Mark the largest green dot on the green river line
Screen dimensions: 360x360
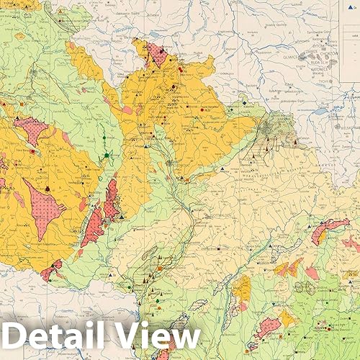pos(107,155)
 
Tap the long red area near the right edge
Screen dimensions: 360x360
pos(328,229)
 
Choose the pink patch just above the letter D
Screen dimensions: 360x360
pos(50,271)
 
